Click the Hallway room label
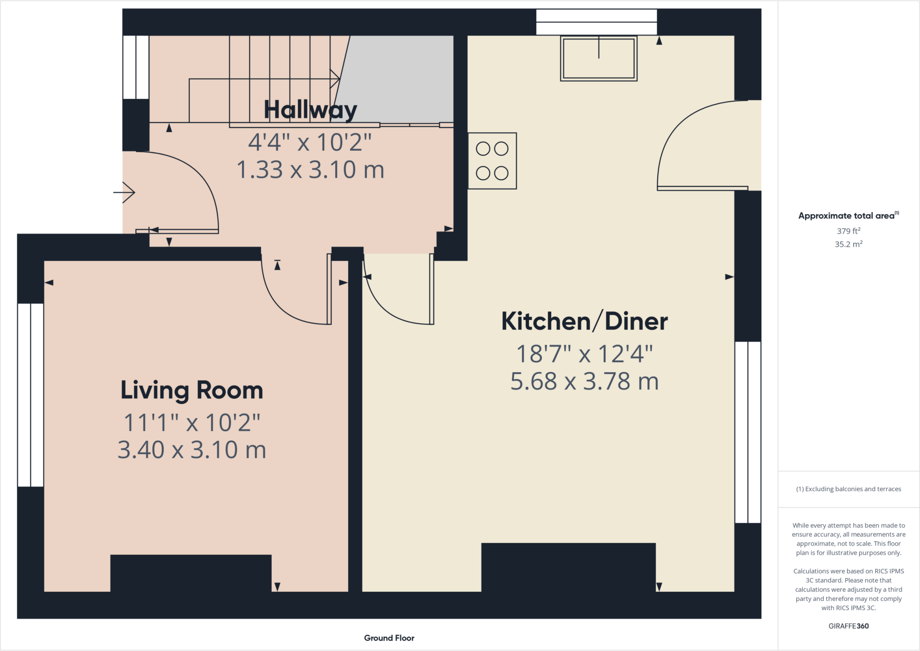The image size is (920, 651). pos(310,110)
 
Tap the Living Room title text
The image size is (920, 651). pos(192,390)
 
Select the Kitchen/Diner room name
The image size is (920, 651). pos(584,322)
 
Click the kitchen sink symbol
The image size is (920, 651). pos(598,58)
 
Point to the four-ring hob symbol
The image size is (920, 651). pos(492,161)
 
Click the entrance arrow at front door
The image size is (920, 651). pos(124,193)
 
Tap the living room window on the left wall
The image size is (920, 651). pos(31,395)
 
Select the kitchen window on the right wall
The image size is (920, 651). pos(747,432)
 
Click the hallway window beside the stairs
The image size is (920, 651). pos(136,67)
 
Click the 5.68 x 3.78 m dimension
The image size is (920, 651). pos(584,381)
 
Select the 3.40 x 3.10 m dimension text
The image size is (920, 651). pos(192,450)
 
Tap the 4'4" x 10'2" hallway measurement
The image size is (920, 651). pos(310,142)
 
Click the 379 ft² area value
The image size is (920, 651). pos(848,231)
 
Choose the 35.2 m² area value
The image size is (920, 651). pos(848,244)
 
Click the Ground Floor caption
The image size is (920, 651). pos(389,638)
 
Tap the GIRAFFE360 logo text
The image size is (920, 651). pos(848,626)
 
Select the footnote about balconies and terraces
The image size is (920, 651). pos(848,489)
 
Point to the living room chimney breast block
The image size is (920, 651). pos(191,573)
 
